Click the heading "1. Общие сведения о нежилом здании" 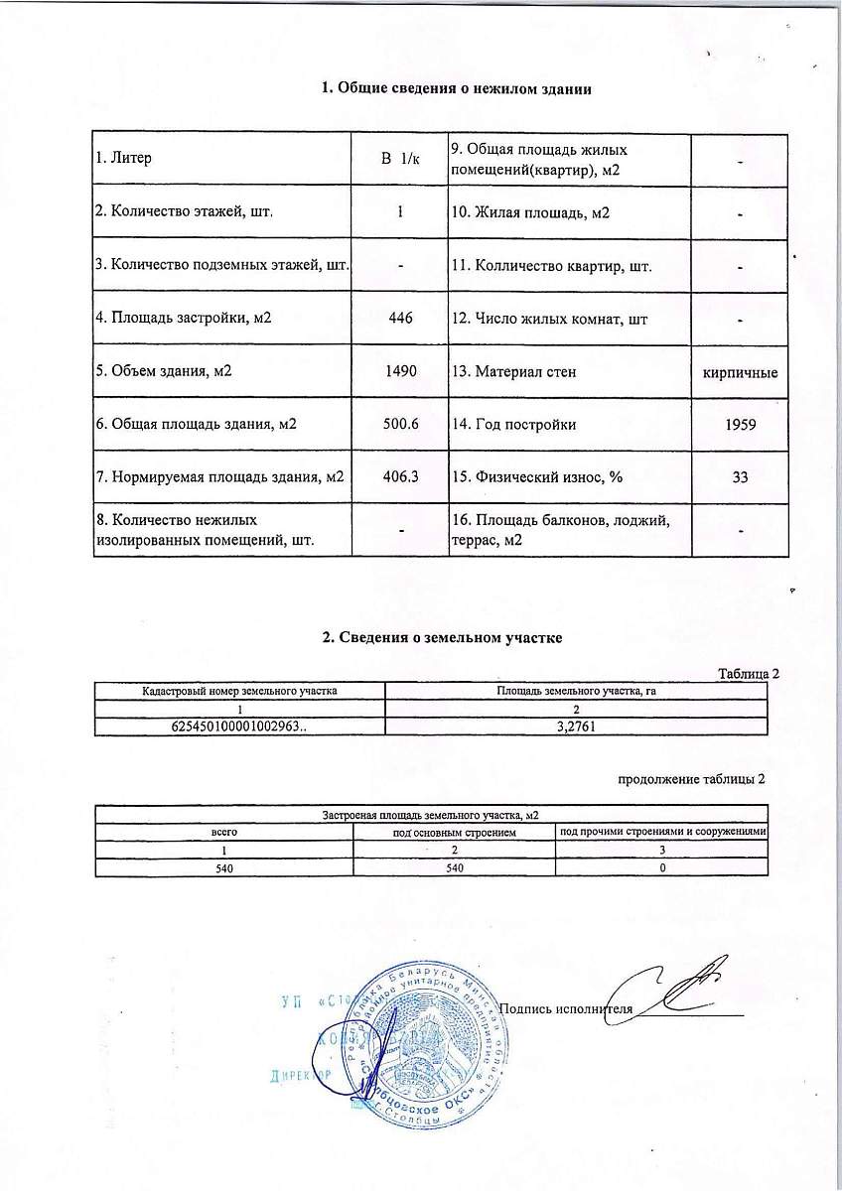point(457,90)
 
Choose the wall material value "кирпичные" point(739,372)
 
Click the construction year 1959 point(740,424)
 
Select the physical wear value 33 point(740,476)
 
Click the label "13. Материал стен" point(513,371)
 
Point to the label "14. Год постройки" point(513,424)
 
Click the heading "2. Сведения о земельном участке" point(443,637)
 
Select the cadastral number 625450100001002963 point(238,726)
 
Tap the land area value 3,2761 point(576,726)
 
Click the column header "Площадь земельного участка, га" point(576,690)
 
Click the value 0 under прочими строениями point(660,866)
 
